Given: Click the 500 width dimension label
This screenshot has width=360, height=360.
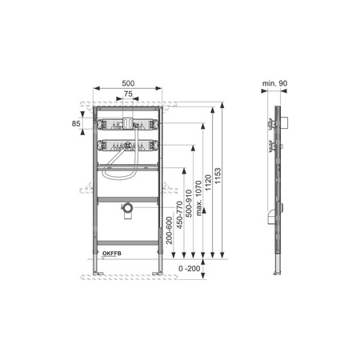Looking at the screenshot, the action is [128, 83].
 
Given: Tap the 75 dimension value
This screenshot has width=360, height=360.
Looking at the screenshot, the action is [128, 94].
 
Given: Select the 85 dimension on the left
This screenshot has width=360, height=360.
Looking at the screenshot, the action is [76, 123].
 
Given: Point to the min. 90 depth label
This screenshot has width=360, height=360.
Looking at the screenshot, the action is [274, 83].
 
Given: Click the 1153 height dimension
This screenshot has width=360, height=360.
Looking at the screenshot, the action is [218, 175].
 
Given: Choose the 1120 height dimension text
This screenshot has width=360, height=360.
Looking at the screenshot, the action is [208, 182].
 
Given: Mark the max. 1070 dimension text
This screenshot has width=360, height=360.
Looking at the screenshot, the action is [198, 198].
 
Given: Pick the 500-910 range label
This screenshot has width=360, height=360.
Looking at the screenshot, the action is [189, 203].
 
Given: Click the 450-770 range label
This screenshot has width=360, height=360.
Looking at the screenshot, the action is [179, 215].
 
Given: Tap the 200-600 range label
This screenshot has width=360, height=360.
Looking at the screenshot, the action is [169, 230].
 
